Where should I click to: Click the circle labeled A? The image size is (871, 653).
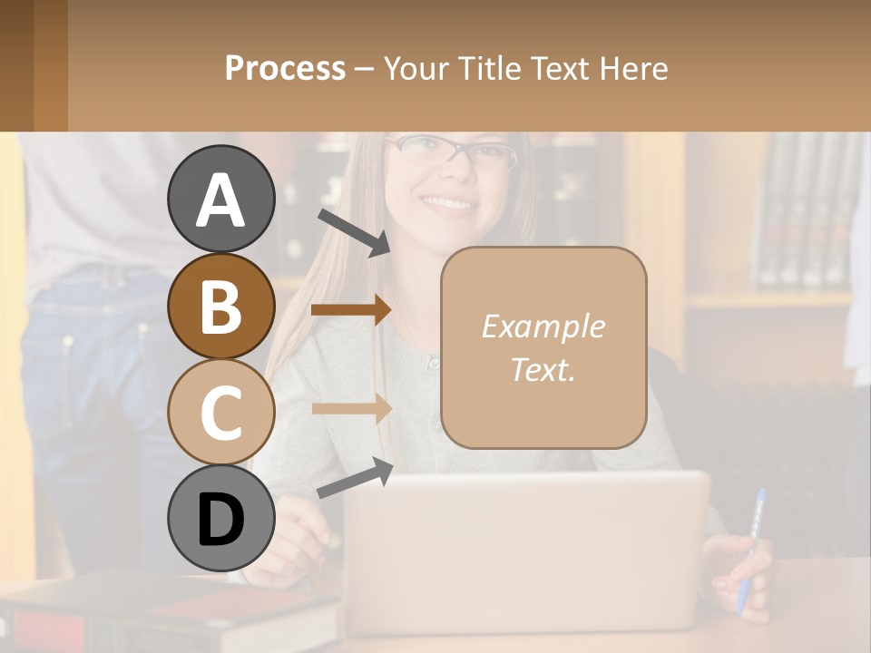click(x=220, y=200)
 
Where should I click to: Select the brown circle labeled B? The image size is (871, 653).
click(x=220, y=307)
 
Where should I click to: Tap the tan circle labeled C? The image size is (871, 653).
click(x=220, y=412)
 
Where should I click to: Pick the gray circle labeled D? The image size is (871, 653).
click(x=220, y=519)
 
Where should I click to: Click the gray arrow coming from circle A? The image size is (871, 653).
click(x=354, y=231)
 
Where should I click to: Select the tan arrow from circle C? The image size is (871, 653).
click(x=351, y=408)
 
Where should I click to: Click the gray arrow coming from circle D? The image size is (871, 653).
click(x=355, y=478)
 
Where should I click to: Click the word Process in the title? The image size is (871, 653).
click(x=285, y=68)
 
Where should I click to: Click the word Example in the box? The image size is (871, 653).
click(x=543, y=326)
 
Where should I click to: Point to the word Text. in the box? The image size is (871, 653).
click(x=543, y=370)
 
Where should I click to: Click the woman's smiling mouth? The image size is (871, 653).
click(x=448, y=203)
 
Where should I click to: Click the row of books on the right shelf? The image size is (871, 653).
click(x=807, y=213)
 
